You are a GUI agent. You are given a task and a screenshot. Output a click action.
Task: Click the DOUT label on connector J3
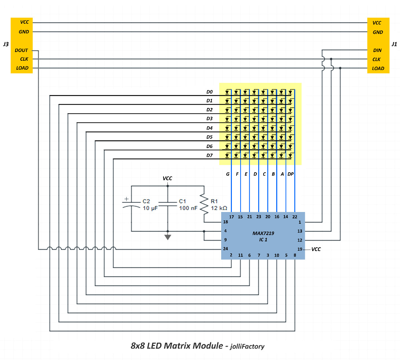click(x=21, y=50)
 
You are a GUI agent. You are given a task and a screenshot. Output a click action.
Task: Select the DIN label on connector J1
click(x=377, y=50)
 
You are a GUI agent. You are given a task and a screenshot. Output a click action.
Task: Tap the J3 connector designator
click(x=6, y=44)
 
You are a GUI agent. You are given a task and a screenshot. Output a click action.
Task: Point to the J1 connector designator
click(x=394, y=44)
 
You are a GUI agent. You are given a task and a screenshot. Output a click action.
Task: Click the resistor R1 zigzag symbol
click(x=204, y=204)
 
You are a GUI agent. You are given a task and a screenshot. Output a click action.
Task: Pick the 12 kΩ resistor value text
click(x=219, y=208)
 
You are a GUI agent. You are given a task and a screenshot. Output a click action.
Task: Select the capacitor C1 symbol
click(x=167, y=204)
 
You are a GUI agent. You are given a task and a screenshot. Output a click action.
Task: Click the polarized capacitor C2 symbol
click(x=131, y=204)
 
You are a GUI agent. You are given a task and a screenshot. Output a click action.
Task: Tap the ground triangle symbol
click(x=167, y=237)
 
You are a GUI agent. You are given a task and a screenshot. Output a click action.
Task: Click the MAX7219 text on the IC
click(x=263, y=233)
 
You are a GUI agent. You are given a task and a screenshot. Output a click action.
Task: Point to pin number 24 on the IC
click(x=226, y=249)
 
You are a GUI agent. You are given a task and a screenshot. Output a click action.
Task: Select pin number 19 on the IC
click(x=300, y=249)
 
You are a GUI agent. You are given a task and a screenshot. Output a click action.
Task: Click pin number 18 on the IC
click(x=226, y=222)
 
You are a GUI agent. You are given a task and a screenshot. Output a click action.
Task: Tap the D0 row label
click(x=209, y=92)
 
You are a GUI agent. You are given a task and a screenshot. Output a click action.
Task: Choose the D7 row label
click(x=209, y=155)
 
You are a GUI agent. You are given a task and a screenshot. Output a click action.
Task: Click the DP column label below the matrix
click(x=291, y=174)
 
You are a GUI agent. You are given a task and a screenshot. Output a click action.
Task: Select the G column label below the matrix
click(x=228, y=174)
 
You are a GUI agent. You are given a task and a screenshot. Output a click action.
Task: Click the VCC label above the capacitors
click(x=167, y=178)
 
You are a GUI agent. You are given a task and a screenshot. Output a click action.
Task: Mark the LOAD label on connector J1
click(x=378, y=68)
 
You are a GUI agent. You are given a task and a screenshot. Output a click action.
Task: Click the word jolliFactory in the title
click(x=247, y=347)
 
